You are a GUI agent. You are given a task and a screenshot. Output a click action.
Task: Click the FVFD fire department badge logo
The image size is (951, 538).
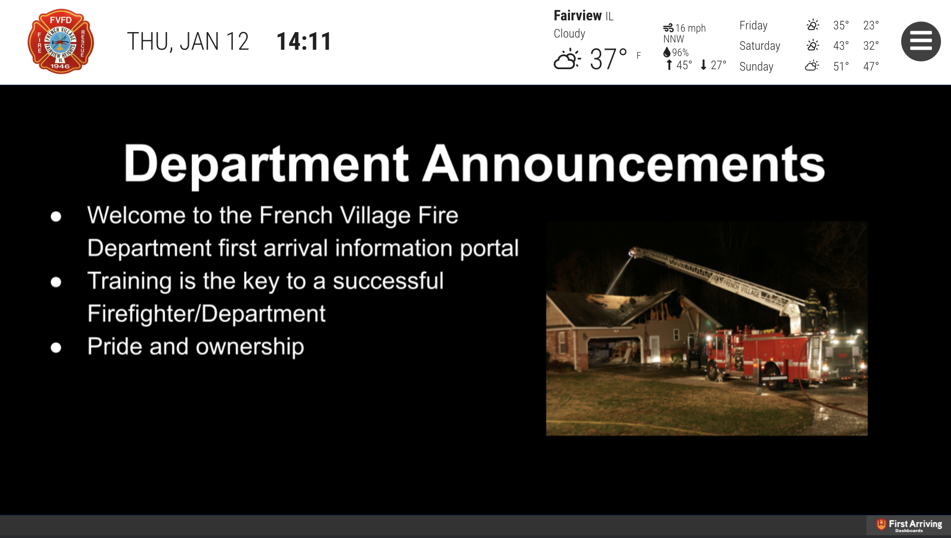61,41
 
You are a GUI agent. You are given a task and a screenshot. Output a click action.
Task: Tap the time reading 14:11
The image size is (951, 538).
304,42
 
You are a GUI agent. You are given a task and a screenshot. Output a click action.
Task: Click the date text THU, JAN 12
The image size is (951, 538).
188,42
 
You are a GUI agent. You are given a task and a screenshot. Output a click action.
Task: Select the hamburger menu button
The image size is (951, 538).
921,41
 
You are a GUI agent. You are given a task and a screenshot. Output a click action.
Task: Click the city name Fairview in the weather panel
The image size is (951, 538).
578,16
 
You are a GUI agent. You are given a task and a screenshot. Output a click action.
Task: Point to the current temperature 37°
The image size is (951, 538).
608,59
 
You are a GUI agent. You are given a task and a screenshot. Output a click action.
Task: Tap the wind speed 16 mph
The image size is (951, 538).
690,28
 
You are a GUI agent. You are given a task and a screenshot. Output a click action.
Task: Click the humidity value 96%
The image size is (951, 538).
680,52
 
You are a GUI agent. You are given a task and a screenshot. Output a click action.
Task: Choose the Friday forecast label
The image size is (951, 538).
753,25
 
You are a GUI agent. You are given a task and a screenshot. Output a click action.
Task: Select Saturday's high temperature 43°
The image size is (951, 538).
841,46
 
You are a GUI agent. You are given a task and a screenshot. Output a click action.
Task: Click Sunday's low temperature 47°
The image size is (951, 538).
871,66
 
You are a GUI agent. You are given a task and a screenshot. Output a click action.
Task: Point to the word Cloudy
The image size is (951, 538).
570,33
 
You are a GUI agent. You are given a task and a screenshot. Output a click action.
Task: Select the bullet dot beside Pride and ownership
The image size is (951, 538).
56,347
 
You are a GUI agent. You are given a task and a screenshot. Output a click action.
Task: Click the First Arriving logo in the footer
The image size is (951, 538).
909,525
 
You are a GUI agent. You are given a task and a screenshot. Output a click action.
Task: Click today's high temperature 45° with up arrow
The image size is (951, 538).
679,65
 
